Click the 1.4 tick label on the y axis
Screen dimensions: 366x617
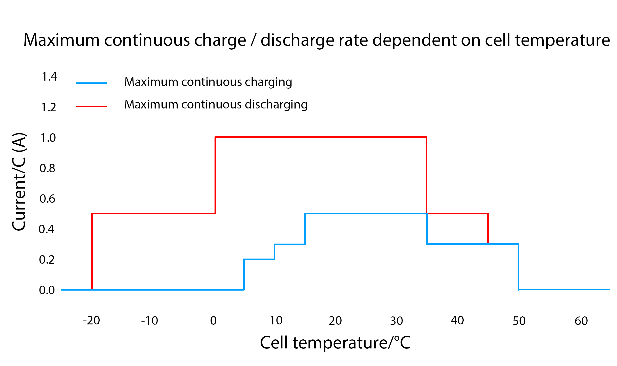coord(49,76)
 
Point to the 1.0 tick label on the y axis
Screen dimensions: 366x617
coord(48,138)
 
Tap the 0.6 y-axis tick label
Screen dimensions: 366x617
coord(48,199)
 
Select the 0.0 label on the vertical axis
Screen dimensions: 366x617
coord(47,290)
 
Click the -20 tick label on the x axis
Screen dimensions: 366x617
coord(91,321)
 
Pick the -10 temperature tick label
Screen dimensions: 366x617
coord(149,321)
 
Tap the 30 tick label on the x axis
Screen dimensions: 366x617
coord(397,321)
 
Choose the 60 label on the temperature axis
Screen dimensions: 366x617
coord(581,321)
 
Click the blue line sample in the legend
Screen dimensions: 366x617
coord(91,83)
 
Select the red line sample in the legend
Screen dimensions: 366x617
coord(91,106)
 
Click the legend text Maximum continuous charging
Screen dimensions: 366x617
coord(208,82)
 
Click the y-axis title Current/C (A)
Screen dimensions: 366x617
coord(19,182)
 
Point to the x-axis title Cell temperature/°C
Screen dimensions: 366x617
coord(335,343)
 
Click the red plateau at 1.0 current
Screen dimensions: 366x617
coord(320,137)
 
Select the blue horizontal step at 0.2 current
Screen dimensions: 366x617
coord(259,259)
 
